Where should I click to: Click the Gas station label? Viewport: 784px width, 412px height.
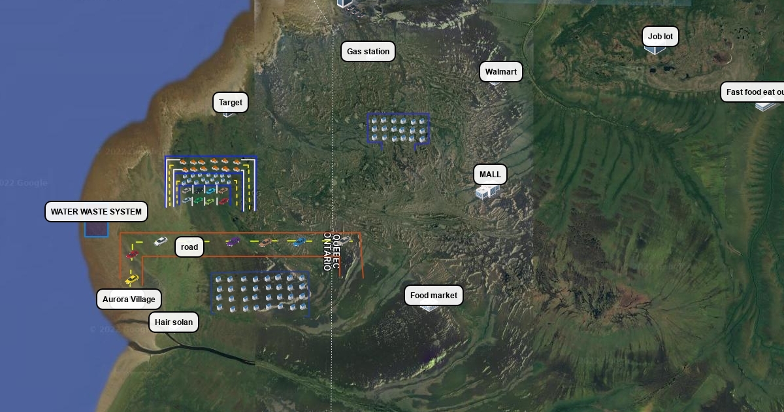[368, 52]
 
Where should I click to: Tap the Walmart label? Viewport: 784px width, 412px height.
[501, 72]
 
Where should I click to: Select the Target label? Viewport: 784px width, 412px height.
[231, 103]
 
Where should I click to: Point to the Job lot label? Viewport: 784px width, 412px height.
[660, 37]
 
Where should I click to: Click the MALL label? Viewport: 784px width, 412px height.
[490, 175]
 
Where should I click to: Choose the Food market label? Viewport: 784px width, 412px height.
[434, 296]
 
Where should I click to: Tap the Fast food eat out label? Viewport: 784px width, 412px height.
[755, 92]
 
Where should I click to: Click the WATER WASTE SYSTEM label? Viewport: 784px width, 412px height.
[96, 212]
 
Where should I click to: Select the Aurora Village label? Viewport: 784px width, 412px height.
[129, 300]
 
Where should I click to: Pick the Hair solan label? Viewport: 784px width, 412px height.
[174, 322]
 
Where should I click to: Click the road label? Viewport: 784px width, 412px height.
[189, 247]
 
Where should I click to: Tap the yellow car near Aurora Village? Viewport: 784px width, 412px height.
[132, 280]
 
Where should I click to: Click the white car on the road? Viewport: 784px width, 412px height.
[161, 241]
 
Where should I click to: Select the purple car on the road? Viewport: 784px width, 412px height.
[233, 242]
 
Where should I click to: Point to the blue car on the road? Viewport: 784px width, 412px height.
[299, 242]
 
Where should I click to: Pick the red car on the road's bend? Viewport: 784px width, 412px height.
[133, 254]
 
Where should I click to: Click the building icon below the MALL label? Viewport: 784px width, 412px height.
[486, 192]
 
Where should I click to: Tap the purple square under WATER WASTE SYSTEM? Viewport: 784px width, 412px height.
[96, 229]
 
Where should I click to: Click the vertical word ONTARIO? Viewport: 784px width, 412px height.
[327, 251]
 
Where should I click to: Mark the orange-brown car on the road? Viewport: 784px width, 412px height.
[265, 243]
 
